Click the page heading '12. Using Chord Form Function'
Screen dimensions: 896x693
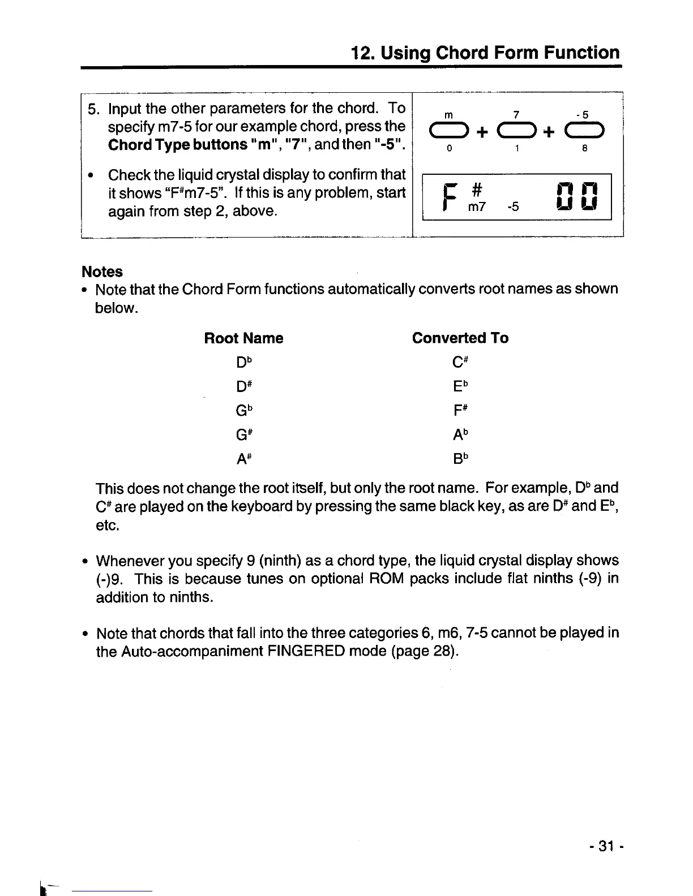(x=485, y=53)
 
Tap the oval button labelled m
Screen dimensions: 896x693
(x=448, y=132)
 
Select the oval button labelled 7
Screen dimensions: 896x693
(x=516, y=132)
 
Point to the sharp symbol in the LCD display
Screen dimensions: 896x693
(x=476, y=189)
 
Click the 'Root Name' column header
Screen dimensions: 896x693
(x=243, y=338)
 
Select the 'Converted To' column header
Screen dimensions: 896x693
(x=460, y=338)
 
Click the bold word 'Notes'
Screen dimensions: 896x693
(x=102, y=272)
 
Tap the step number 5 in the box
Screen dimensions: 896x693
(x=93, y=108)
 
